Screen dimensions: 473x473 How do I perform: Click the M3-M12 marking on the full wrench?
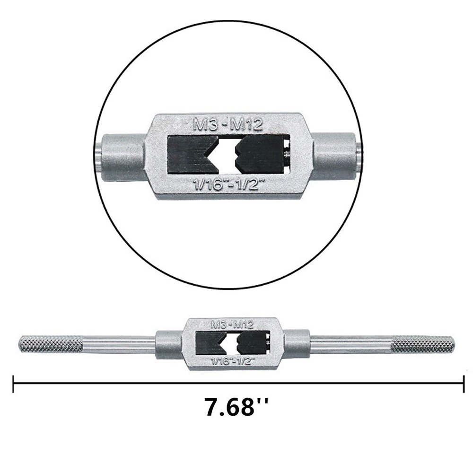coord(232,324)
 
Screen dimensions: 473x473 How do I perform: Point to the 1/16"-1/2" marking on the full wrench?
coord(232,361)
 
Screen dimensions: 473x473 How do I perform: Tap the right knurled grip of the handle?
coord(423,344)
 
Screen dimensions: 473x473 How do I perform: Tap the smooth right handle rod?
coord(352,344)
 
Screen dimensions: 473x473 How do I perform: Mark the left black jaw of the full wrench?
coord(208,343)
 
